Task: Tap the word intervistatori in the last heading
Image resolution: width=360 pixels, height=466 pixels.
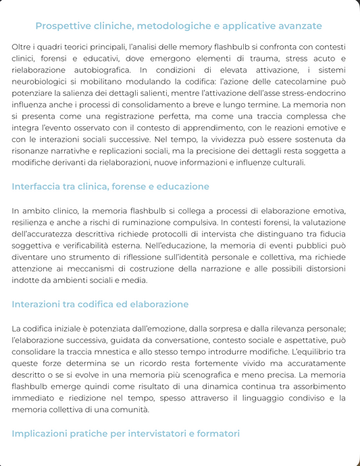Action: pos(172,433)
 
